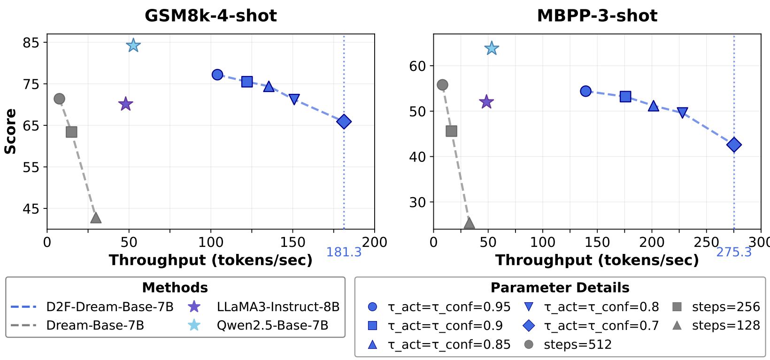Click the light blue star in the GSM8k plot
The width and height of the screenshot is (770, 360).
[133, 46]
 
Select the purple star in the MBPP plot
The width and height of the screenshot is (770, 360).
[486, 102]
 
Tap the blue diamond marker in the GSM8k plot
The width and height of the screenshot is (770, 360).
[344, 122]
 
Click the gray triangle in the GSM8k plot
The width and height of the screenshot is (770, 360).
[96, 218]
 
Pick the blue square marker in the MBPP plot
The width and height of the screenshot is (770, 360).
[625, 97]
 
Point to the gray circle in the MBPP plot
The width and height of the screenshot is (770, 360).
[442, 85]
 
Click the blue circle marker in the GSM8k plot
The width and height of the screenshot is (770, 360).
[217, 75]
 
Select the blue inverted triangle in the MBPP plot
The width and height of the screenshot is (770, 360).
[683, 113]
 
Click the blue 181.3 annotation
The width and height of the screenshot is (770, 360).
[344, 253]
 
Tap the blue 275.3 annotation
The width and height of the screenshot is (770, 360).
[733, 253]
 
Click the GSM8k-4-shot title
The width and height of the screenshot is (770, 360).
[210, 16]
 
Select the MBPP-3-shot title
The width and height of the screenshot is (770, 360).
[597, 16]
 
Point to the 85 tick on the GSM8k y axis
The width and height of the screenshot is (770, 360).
[31, 43]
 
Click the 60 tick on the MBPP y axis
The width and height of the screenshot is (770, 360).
[417, 66]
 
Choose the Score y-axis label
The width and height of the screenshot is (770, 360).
[10, 131]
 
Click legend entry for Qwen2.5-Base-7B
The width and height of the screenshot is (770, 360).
[272, 325]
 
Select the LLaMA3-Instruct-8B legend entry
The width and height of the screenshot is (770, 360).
[278, 307]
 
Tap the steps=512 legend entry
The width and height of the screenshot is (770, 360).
[577, 345]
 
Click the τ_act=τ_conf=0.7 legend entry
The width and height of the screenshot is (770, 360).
[601, 325]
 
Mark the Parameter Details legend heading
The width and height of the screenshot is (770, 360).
[560, 288]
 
